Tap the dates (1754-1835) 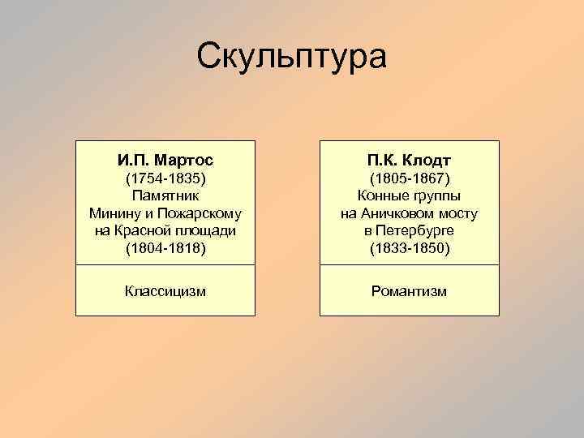[x=165, y=177]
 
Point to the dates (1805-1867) [x=409, y=177]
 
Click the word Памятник [x=165, y=195]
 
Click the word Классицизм [x=165, y=290]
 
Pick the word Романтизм [x=409, y=290]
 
